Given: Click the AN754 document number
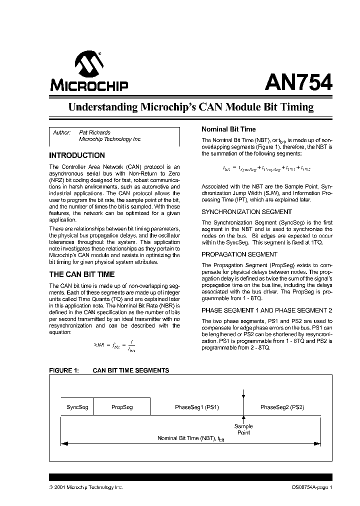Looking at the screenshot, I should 298,81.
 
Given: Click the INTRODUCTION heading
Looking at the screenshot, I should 77,155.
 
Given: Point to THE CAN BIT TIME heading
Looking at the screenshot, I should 81,274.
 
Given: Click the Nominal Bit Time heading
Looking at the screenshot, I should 228,129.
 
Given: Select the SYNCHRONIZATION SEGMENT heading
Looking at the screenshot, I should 246,211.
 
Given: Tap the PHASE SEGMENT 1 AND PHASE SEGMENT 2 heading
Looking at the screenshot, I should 266,310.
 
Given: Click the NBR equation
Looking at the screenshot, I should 114,345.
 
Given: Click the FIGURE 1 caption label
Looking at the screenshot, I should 63,370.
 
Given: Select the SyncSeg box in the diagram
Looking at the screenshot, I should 77,407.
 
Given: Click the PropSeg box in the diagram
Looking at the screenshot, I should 122,407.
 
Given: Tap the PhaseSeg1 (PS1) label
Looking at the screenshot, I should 196,407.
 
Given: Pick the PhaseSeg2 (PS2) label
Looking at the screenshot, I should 282,407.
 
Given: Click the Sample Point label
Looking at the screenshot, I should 243,429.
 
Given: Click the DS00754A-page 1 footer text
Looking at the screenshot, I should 311,487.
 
